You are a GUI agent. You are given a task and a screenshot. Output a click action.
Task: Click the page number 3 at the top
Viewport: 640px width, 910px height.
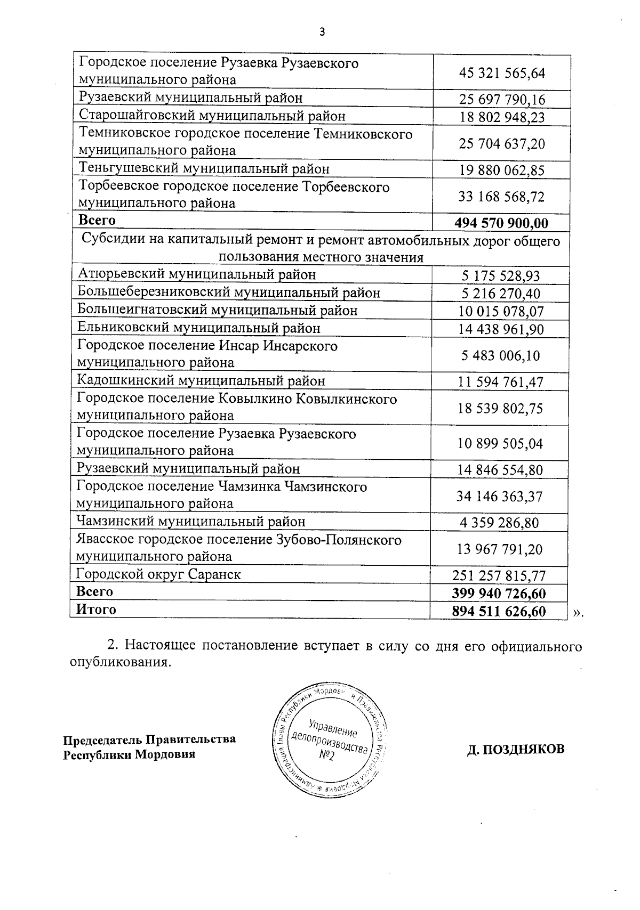click(x=322, y=31)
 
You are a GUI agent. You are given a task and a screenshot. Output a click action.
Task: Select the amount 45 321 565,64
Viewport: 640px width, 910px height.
click(x=502, y=72)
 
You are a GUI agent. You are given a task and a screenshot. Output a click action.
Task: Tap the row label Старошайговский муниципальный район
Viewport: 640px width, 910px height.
click(x=212, y=116)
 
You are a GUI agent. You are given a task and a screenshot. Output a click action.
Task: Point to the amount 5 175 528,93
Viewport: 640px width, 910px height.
click(x=500, y=275)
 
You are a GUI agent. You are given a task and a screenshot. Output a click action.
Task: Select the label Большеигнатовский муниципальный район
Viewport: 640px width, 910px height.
click(x=217, y=310)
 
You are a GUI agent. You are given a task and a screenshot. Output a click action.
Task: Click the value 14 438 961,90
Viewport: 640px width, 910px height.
click(x=501, y=329)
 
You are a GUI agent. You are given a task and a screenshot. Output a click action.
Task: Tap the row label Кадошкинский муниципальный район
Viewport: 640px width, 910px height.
click(x=201, y=380)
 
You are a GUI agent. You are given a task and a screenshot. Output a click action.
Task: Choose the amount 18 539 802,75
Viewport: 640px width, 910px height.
click(x=500, y=408)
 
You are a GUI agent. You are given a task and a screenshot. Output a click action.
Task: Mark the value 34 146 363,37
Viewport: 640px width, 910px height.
click(x=499, y=496)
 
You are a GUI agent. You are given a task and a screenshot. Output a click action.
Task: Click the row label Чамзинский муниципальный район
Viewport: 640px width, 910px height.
click(x=191, y=521)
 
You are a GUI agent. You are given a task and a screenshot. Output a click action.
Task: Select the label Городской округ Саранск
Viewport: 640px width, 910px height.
click(x=158, y=574)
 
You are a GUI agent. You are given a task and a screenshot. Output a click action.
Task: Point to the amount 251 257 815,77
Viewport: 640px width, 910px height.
click(x=499, y=575)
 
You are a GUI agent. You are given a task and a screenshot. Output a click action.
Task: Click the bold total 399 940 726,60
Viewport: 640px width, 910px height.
click(x=499, y=593)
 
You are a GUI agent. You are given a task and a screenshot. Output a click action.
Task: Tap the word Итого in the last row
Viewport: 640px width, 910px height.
click(x=96, y=610)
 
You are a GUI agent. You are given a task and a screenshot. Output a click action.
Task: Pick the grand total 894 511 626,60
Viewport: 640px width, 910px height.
click(x=499, y=611)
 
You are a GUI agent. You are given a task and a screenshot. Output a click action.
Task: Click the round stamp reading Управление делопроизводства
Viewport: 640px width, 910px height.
click(x=330, y=738)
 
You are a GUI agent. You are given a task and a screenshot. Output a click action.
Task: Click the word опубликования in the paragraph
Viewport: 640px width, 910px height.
click(x=120, y=662)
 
